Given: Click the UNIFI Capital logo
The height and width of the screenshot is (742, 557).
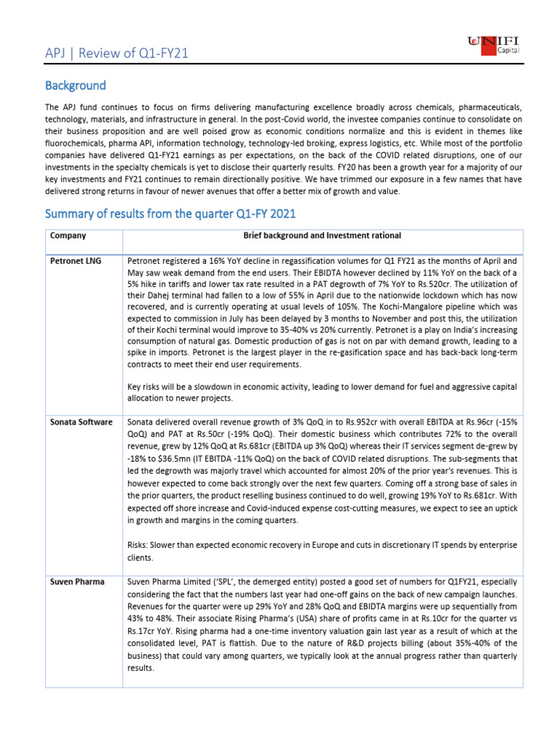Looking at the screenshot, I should tap(497, 49).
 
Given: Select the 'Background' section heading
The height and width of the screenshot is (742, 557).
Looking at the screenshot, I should tap(75, 86).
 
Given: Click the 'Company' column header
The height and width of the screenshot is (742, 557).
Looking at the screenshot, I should tap(68, 235).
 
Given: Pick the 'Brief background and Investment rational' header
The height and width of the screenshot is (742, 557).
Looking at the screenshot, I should tap(321, 235).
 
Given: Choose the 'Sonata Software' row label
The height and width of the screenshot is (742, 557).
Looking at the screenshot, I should tap(81, 421).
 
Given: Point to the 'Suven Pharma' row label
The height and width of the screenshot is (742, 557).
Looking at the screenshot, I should tap(77, 582).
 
